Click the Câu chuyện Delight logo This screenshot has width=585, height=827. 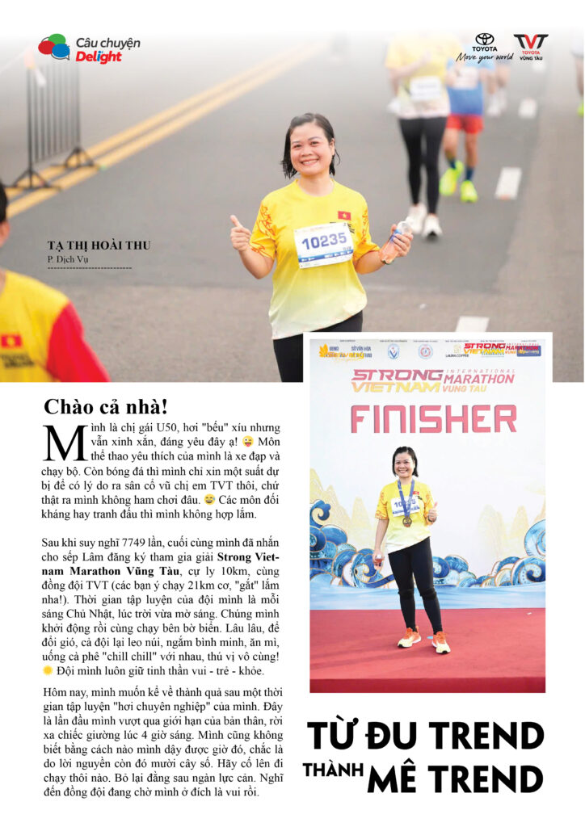tap(89, 48)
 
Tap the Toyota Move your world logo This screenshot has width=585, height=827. tap(484, 47)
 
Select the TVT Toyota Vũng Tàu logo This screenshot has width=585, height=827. tap(530, 47)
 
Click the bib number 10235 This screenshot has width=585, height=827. tap(323, 240)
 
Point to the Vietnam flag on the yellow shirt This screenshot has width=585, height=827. tap(344, 216)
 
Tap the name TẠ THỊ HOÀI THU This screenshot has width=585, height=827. tap(99, 246)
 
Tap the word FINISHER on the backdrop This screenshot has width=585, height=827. tap(433, 419)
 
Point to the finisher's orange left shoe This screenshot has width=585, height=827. tap(441, 642)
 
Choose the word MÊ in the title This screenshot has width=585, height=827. tap(395, 780)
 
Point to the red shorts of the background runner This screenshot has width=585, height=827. tap(465, 124)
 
